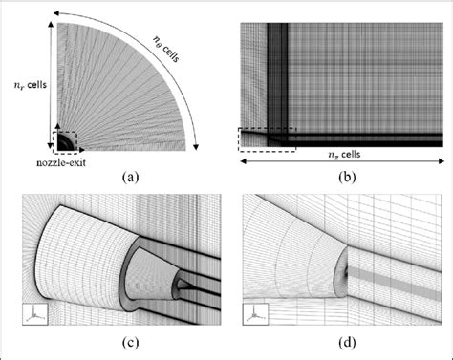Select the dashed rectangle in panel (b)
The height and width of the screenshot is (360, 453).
(x=267, y=139)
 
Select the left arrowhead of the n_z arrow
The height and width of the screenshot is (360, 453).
(x=240, y=163)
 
